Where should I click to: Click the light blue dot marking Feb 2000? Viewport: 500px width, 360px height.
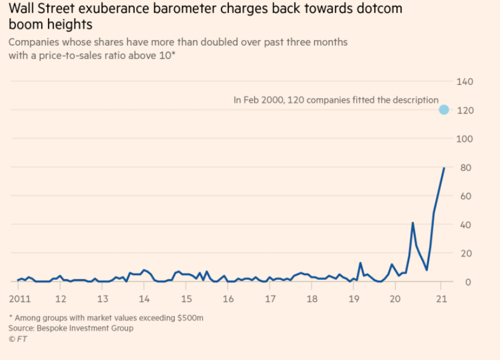point(444,110)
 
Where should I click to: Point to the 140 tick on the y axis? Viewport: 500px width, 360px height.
point(465,81)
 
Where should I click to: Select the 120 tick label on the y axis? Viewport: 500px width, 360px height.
point(465,110)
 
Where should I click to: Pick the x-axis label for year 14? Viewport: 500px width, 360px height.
point(144,299)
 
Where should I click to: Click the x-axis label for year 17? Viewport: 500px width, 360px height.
point(270,299)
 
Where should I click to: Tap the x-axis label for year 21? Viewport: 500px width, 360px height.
point(442,299)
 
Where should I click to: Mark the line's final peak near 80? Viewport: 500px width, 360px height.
point(444,168)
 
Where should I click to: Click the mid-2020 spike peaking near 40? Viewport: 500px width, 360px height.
point(413,223)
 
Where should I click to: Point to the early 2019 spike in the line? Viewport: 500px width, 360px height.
point(360,263)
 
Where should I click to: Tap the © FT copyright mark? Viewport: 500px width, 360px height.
point(18,339)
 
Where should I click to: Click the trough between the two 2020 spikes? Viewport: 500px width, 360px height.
point(427,270)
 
